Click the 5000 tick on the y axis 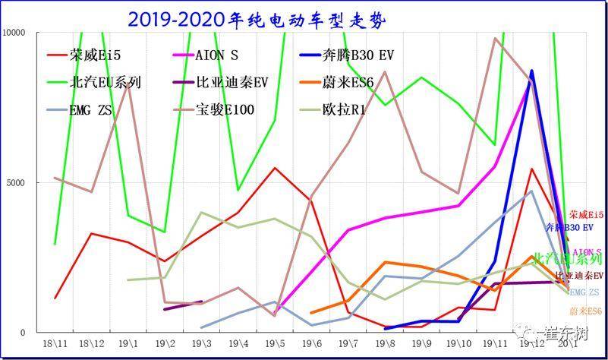pyautogui.click(x=17, y=183)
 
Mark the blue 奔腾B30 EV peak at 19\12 pyautogui.click(x=531, y=71)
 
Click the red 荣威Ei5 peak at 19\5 pyautogui.click(x=275, y=168)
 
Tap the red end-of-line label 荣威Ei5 pyautogui.click(x=588, y=214)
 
